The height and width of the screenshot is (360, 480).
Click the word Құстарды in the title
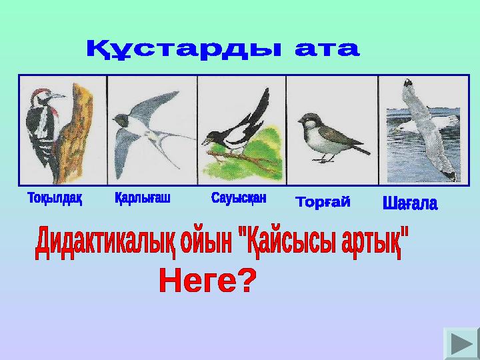183,49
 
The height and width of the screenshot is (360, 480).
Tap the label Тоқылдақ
55,198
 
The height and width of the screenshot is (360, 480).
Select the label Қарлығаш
143,198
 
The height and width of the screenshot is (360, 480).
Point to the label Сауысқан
239,198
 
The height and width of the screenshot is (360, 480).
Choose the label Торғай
323,202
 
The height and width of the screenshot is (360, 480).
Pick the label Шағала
410,203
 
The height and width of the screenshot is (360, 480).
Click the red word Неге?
207,280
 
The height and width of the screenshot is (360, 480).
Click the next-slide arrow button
461,343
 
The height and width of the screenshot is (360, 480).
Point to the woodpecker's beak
58,96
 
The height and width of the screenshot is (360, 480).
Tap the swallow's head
120,120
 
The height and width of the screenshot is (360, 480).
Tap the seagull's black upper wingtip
408,83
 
